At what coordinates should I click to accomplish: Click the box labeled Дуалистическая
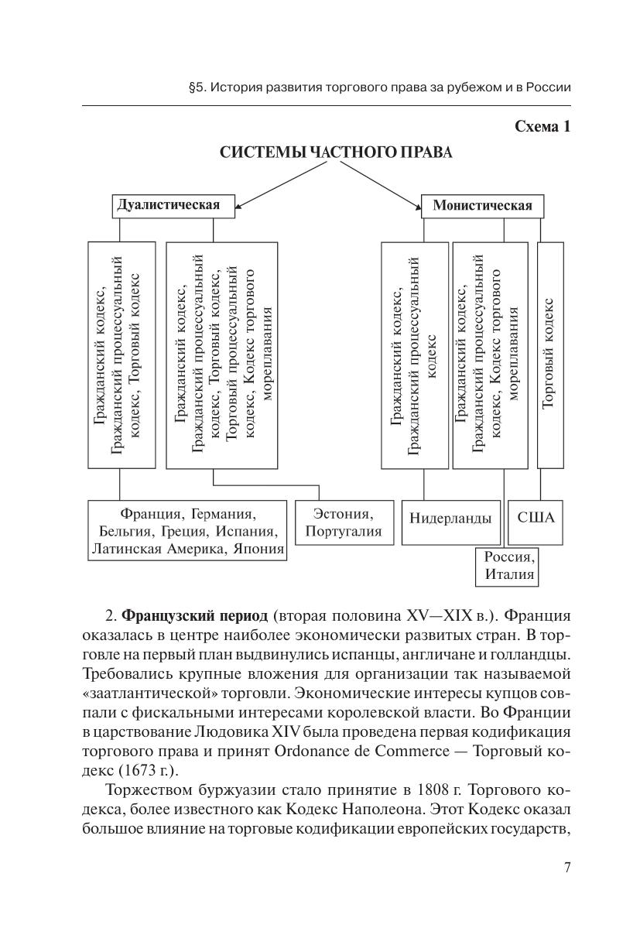tap(168, 206)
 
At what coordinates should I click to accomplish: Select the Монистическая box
tap(482, 206)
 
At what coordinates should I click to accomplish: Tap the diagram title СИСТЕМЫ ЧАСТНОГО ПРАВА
tap(336, 152)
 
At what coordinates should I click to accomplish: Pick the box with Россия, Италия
tap(506, 566)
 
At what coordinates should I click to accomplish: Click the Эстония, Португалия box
tap(344, 522)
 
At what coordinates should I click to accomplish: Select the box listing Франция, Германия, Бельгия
tap(187, 531)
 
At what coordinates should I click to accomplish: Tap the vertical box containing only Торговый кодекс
tap(550, 354)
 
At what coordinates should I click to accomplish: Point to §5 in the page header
tap(197, 87)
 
